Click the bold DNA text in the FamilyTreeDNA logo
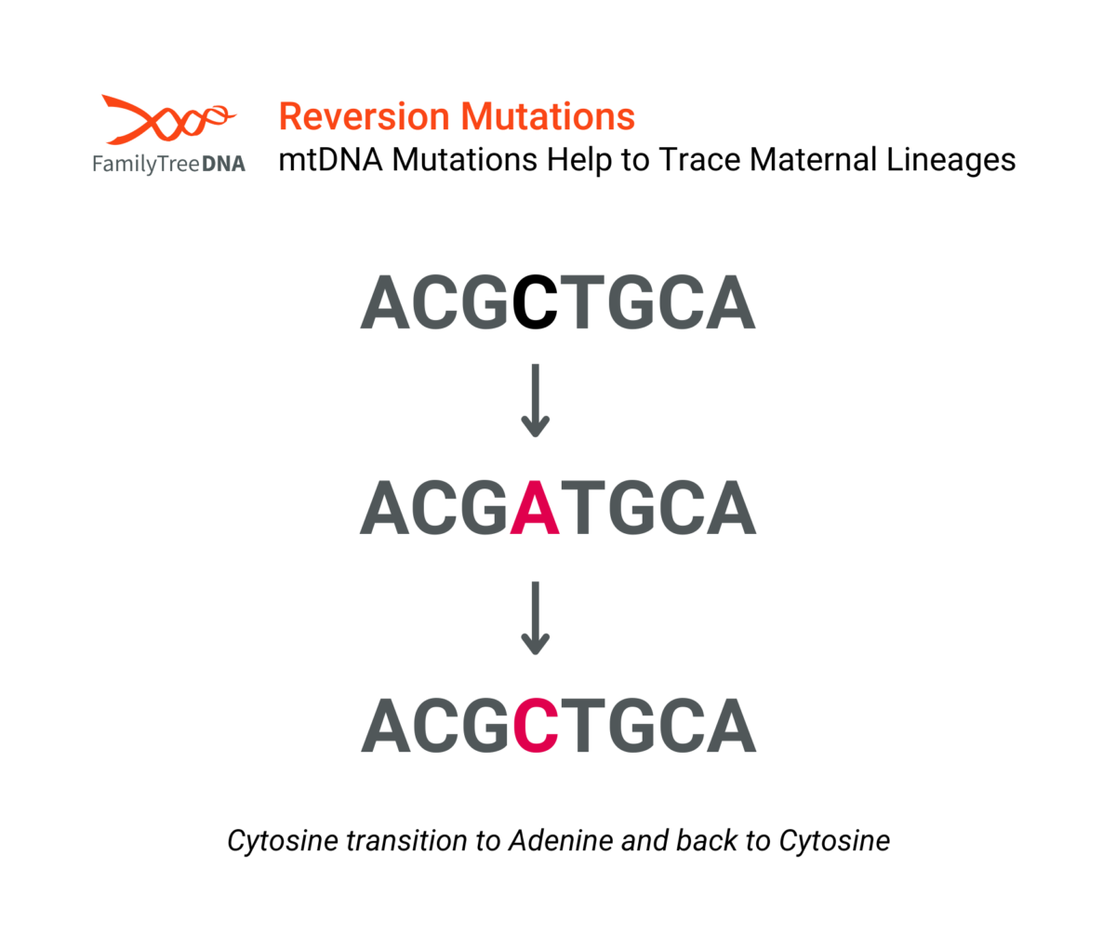click(x=223, y=164)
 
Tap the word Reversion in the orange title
click(x=364, y=116)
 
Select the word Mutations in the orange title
click(x=548, y=116)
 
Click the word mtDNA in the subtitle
click(x=330, y=159)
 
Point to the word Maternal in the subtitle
click(x=813, y=159)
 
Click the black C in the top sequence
click(x=535, y=301)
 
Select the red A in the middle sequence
click(x=535, y=507)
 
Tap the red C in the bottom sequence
click(x=536, y=726)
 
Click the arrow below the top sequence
click(x=535, y=401)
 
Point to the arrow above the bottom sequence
click(x=535, y=618)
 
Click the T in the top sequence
click(x=582, y=301)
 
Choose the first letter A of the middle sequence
click(x=385, y=507)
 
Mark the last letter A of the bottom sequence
click(x=731, y=726)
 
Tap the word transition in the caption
click(x=406, y=840)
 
